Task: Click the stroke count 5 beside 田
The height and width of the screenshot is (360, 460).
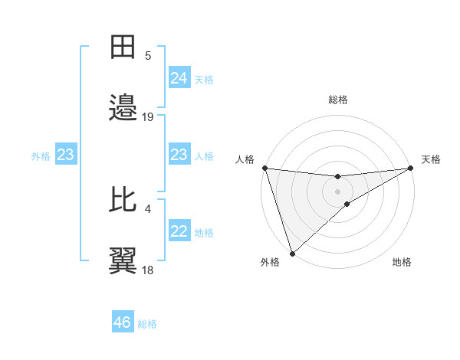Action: (148, 56)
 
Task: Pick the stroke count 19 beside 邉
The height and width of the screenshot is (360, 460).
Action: (148, 117)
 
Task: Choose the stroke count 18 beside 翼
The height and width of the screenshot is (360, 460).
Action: (148, 270)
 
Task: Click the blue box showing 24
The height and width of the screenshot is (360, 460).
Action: (179, 78)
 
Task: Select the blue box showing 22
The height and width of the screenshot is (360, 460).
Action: (179, 231)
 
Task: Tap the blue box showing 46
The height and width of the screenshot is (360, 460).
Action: (123, 322)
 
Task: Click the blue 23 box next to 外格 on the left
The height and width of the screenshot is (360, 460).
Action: (66, 155)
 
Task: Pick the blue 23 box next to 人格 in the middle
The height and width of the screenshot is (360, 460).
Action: (179, 155)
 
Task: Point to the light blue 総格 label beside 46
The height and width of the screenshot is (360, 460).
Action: (147, 324)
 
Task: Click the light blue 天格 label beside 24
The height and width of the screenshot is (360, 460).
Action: (204, 80)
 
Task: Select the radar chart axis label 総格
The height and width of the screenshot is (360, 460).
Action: (338, 100)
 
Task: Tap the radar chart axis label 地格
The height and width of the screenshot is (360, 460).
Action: (402, 263)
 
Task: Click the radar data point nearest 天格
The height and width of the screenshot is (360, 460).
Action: (411, 168)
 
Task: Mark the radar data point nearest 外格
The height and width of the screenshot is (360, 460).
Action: (292, 254)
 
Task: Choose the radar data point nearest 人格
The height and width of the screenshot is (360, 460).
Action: (264, 168)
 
